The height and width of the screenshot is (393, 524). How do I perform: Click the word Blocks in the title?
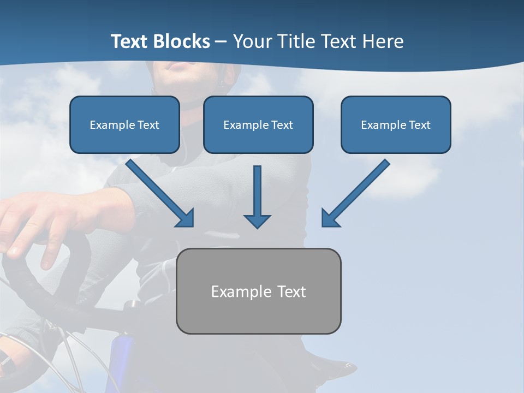(x=182, y=41)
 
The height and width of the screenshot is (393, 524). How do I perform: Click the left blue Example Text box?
(x=124, y=125)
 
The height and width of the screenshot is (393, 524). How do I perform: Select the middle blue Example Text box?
(x=258, y=125)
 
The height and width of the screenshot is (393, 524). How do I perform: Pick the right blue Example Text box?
(x=396, y=125)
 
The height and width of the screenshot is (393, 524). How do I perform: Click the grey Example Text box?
(x=259, y=291)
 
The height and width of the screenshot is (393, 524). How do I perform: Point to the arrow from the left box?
(x=158, y=192)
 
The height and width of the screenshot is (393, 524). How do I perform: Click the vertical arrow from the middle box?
(x=257, y=191)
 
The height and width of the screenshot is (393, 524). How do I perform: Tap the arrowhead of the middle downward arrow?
(x=257, y=221)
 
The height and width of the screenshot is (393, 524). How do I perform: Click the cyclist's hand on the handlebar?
(x=38, y=218)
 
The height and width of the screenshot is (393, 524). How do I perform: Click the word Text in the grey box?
(x=291, y=291)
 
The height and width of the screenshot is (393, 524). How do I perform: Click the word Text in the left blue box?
(x=148, y=125)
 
